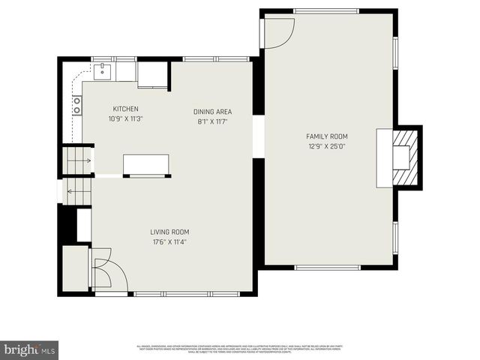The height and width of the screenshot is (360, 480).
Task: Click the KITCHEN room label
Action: pos(125,109)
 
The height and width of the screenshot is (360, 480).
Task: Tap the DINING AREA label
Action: pos(212,111)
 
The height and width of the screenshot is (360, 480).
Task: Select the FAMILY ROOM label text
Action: pos(327,136)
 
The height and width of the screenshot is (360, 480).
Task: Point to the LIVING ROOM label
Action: pos(169,232)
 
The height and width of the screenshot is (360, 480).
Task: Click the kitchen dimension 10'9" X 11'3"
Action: pos(125,118)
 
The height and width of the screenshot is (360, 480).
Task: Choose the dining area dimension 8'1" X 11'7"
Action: pos(212,121)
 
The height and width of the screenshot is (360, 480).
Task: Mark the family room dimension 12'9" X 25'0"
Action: pos(327,146)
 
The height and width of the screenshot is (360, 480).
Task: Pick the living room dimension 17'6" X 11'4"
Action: pos(169,242)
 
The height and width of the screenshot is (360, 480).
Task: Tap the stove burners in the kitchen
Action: pos(76,106)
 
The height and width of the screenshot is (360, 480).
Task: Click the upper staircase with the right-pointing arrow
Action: pos(77,160)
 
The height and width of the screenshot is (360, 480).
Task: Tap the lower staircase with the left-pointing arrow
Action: pos(77,191)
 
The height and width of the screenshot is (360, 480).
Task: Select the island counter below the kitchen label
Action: pos(146,164)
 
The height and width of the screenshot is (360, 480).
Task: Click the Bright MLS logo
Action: pos(30,349)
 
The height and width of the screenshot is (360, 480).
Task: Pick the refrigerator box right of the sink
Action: pos(153,73)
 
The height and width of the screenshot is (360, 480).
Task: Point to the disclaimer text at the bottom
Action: pos(240,349)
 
